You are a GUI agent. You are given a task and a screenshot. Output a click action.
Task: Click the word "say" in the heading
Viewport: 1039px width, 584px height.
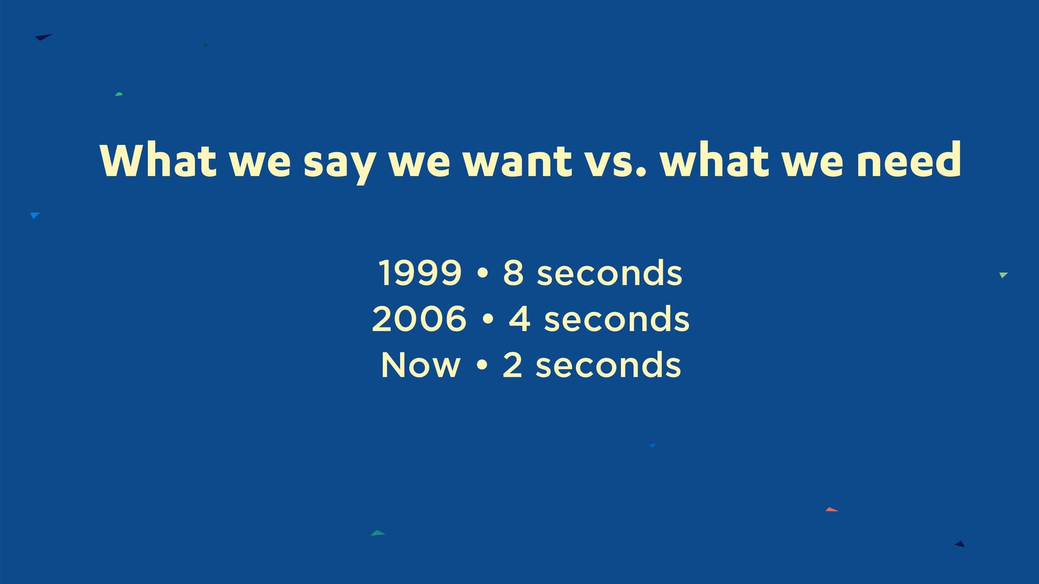coord(339,163)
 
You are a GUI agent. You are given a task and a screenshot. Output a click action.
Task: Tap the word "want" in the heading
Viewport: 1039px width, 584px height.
coord(517,161)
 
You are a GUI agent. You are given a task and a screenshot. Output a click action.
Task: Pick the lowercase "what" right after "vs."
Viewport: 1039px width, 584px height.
coord(715,159)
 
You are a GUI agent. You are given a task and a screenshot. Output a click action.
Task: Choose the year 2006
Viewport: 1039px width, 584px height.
coord(419,319)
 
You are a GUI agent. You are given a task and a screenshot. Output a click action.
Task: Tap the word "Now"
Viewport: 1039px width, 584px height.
coord(420,365)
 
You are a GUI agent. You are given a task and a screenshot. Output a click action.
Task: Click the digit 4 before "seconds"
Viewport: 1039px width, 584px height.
coord(519,319)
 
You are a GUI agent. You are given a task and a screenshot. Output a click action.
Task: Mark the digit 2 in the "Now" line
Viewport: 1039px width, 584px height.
coord(512,365)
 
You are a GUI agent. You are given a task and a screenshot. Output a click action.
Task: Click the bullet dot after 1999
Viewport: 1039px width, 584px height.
coord(483,273)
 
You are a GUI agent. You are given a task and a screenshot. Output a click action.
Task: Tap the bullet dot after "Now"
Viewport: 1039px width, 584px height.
coord(481,366)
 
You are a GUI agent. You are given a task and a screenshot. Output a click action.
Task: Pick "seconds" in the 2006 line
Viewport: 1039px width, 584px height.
coord(617,319)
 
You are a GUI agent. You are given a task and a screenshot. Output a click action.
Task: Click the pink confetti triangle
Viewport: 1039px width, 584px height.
coord(831,510)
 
